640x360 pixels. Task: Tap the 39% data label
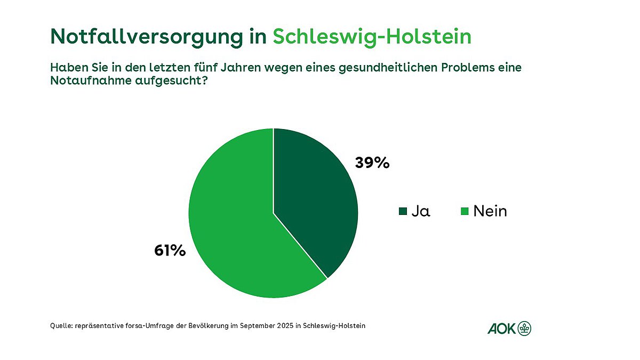point(372,163)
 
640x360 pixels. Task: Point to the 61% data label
point(170,250)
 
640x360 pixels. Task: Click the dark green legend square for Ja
point(403,212)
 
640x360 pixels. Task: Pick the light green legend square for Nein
point(465,212)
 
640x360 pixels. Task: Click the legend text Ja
point(421,211)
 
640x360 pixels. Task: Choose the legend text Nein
point(490,211)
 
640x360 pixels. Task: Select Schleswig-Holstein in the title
point(372,36)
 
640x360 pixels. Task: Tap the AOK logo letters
point(501,329)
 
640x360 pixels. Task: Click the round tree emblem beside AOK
point(525,329)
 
